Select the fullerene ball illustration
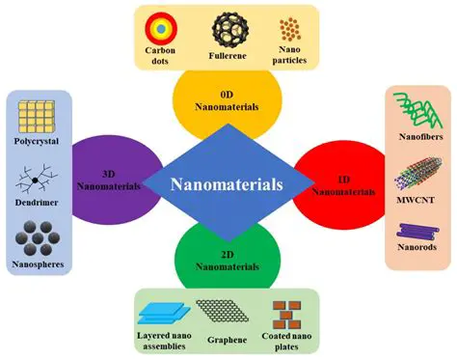pyautogui.click(x=228, y=28)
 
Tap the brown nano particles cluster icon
pyautogui.click(x=288, y=29)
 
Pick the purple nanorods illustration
pyautogui.click(x=414, y=233)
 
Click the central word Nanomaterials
pyautogui.click(x=228, y=182)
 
